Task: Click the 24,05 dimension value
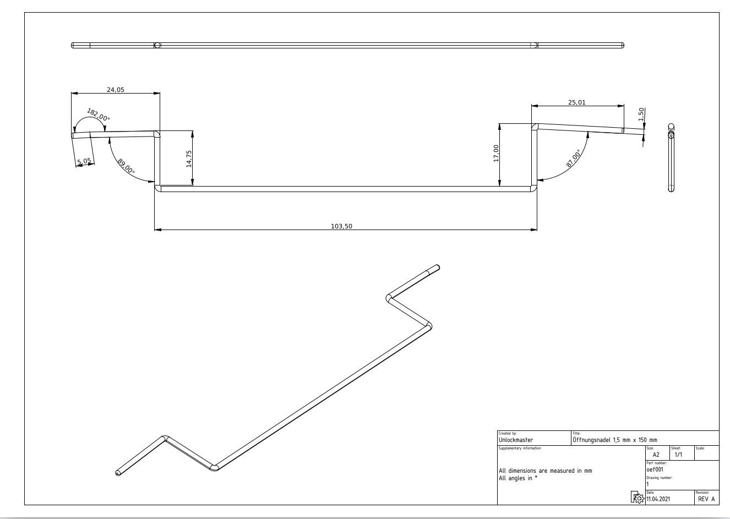point(116,89)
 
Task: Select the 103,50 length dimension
point(341,226)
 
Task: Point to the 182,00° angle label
point(99,116)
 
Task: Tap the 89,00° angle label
point(126,166)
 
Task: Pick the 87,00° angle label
point(573,158)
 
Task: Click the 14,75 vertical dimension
point(189,159)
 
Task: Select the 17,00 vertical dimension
point(496,153)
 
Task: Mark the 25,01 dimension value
point(577,102)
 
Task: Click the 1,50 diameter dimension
point(641,114)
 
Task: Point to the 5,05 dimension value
point(84,161)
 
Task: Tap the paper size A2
point(656,455)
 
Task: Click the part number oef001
point(656,469)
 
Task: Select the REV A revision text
point(706,499)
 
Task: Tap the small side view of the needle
point(671,157)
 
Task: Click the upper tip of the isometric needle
point(437,267)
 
